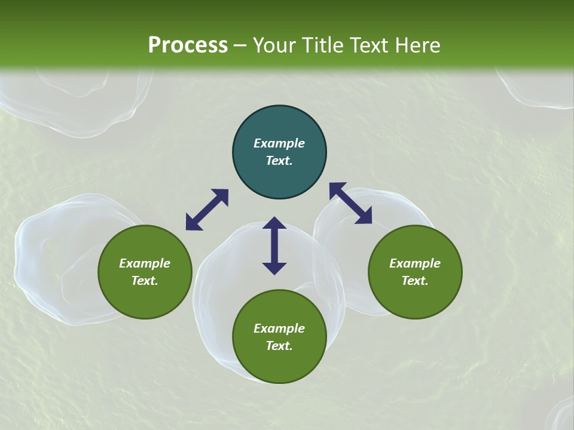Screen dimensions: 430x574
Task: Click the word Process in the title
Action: tap(188, 45)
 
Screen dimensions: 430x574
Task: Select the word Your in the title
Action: tap(275, 45)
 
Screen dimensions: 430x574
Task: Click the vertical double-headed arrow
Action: tap(274, 245)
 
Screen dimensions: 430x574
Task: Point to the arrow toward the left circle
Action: tap(207, 210)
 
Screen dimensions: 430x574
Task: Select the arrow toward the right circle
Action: tap(350, 203)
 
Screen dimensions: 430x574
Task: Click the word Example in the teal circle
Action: tap(279, 143)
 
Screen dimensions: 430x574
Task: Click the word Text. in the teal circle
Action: tap(279, 161)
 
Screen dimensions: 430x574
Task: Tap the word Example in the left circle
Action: tap(145, 263)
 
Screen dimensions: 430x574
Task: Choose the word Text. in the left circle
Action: tap(145, 281)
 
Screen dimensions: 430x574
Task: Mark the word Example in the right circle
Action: tap(415, 263)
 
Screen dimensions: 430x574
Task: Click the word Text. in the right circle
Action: tap(415, 281)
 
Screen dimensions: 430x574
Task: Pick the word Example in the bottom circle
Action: tap(279, 328)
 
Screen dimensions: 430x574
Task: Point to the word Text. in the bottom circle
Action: tap(279, 346)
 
